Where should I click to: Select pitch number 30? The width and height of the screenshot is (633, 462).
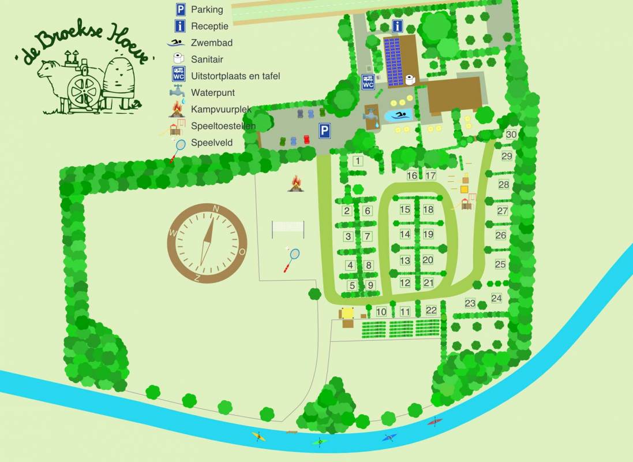click(x=511, y=135)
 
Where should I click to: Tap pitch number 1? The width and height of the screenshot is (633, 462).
click(x=358, y=161)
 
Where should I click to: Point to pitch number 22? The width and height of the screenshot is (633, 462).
click(x=431, y=310)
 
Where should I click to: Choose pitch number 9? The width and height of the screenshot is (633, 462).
click(x=370, y=285)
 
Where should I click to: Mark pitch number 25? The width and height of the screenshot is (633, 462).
click(x=500, y=264)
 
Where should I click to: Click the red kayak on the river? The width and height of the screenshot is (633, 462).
click(x=435, y=422)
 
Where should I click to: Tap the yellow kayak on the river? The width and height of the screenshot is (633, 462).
click(x=259, y=437)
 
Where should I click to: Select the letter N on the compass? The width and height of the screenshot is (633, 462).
click(x=216, y=209)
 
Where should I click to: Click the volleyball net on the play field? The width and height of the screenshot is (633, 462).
click(x=288, y=226)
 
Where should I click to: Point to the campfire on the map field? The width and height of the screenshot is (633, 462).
click(x=296, y=184)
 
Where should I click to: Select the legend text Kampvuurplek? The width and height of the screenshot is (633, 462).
click(x=221, y=109)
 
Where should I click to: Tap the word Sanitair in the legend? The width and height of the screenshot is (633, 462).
click(x=207, y=59)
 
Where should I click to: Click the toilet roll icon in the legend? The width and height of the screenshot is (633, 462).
click(x=179, y=58)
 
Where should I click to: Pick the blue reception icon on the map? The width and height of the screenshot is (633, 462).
click(x=398, y=26)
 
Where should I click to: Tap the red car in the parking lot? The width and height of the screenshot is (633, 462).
click(x=306, y=139)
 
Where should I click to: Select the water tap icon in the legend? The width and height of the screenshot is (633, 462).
click(x=178, y=92)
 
